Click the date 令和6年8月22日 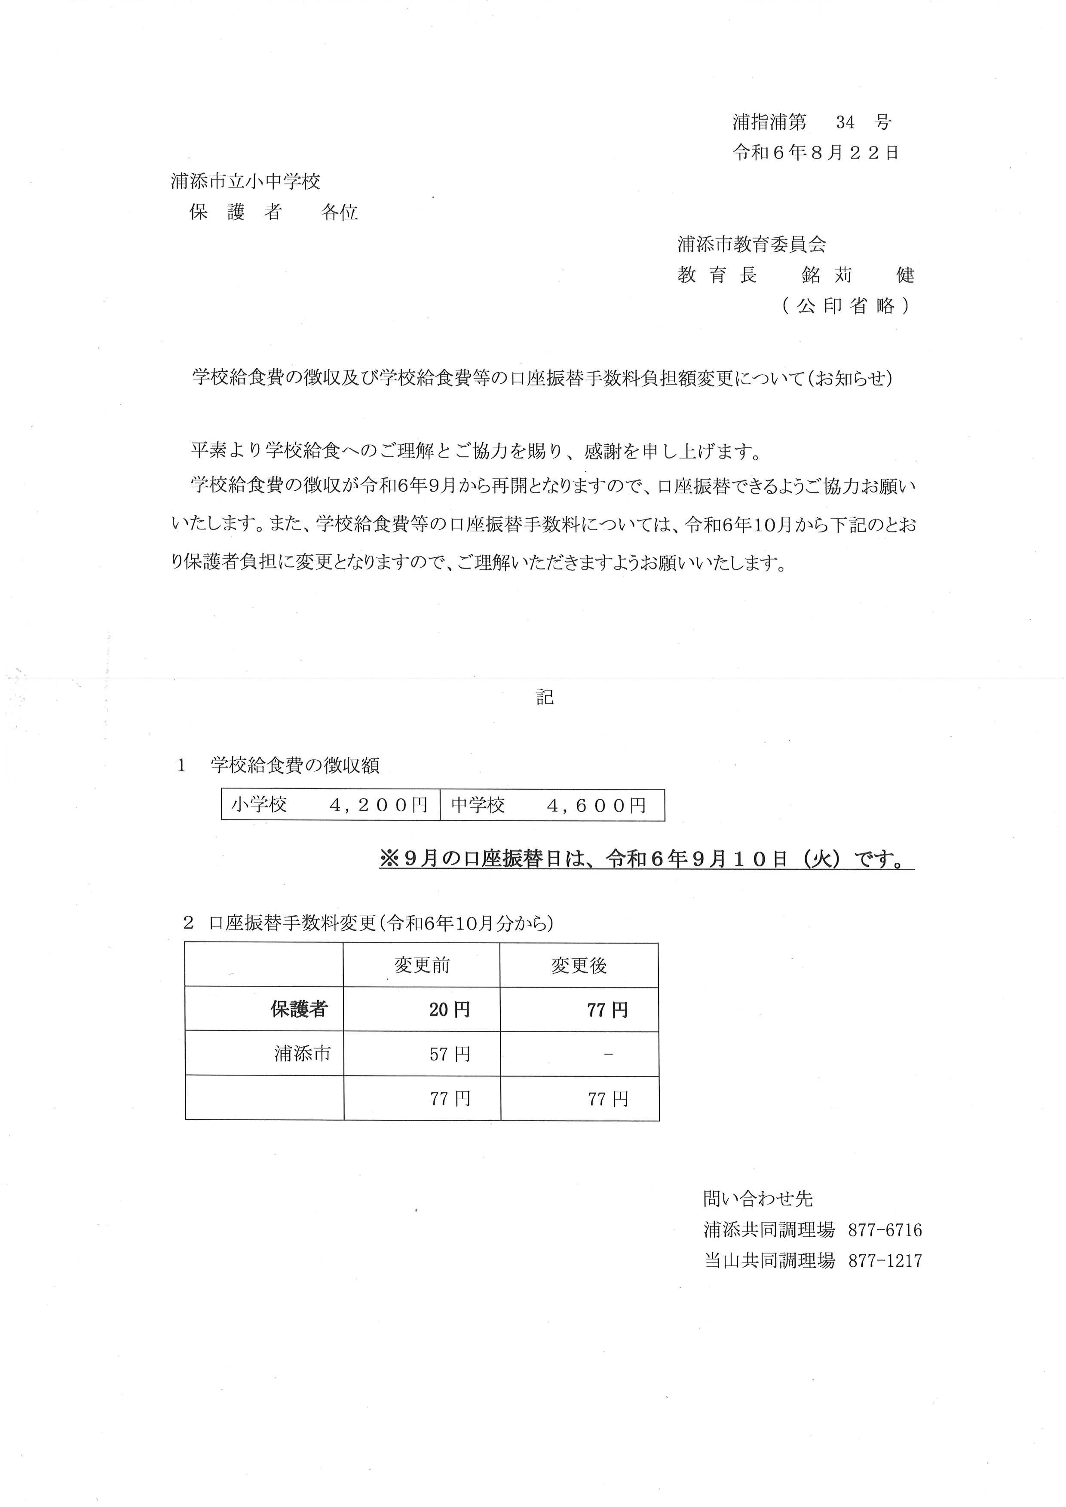815,153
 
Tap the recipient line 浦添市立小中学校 245,181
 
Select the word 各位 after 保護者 340,212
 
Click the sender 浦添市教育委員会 752,245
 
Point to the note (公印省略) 845,306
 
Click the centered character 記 545,697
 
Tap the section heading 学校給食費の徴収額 295,765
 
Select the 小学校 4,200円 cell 330,805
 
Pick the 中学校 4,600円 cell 551,805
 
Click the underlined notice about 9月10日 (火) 646,859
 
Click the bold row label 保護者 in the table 299,1009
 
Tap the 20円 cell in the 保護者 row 450,1009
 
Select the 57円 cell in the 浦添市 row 450,1054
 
